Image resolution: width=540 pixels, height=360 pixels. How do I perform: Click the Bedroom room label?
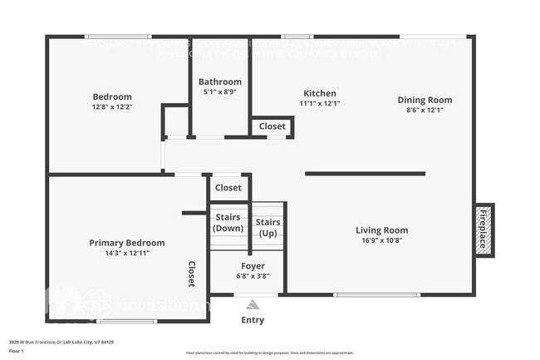pos(112,96)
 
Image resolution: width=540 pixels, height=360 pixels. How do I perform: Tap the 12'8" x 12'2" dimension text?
pos(112,107)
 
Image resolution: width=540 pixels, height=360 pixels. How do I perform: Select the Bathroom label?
pos(220,81)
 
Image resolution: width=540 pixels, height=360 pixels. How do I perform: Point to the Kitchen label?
pos(320,93)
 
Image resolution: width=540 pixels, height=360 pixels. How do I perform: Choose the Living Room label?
pos(382,230)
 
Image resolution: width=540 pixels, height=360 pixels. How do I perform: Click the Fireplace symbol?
pos(484,229)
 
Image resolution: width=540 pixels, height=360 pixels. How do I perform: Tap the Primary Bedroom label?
pos(127,243)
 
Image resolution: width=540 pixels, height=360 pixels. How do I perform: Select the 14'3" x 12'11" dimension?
pos(127,253)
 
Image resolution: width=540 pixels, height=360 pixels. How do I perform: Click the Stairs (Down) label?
pos(228,223)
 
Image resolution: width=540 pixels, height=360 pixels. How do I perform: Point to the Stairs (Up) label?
pos(268,228)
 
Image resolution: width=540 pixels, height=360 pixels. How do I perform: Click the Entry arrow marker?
pos(253,306)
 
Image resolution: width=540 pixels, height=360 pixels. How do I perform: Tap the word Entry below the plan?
pos(253,319)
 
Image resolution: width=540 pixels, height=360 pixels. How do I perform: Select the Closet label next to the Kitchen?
pos(272,126)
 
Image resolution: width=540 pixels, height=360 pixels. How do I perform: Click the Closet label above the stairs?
pos(228,188)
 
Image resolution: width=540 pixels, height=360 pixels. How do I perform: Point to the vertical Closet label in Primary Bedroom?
pos(191,274)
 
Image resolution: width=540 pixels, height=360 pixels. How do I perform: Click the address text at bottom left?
pos(61,342)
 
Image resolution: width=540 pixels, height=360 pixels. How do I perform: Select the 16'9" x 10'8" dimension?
pos(382,240)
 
